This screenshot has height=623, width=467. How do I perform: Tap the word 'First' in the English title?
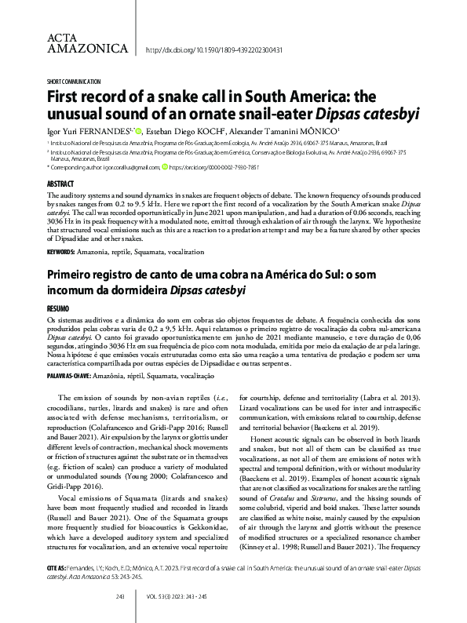[66, 97]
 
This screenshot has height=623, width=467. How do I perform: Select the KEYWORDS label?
[63, 253]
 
